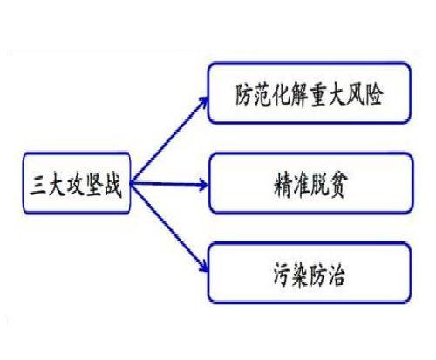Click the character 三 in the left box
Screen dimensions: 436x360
pos(38,186)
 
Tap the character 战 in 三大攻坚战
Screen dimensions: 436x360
pos(112,186)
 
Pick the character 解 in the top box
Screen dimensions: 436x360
pos(297,95)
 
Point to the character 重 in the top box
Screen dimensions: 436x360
pos(318,95)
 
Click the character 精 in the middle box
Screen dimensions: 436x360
pos(283,186)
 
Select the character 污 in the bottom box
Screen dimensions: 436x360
pos(282,275)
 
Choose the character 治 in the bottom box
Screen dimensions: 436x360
pos(336,275)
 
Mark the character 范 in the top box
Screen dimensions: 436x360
pos(262,95)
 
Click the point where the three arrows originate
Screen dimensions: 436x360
pos(132,183)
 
